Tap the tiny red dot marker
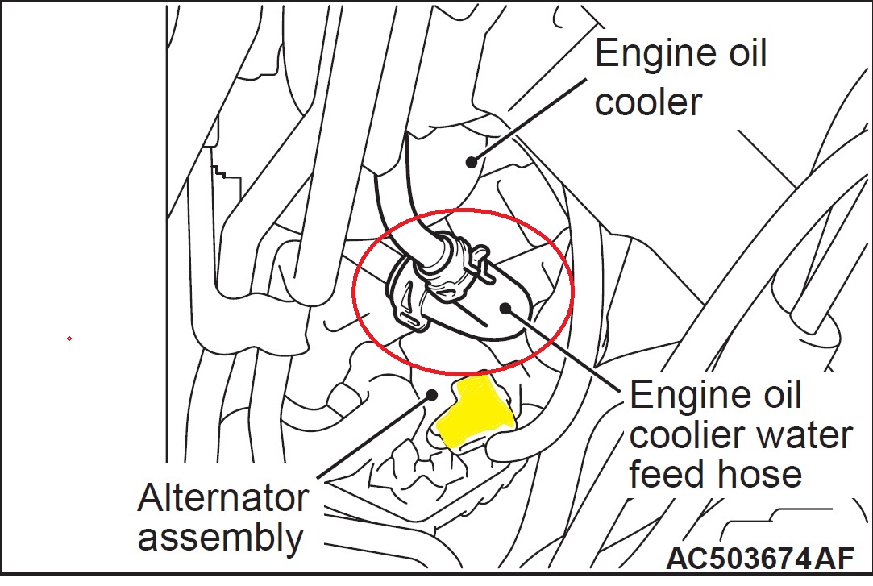pos(69,339)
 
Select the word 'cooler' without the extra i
pos(648,102)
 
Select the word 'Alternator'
pos(222,497)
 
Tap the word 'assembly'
pos(220,536)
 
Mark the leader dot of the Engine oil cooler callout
pos(470,161)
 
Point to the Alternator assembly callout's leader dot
pos(432,395)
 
